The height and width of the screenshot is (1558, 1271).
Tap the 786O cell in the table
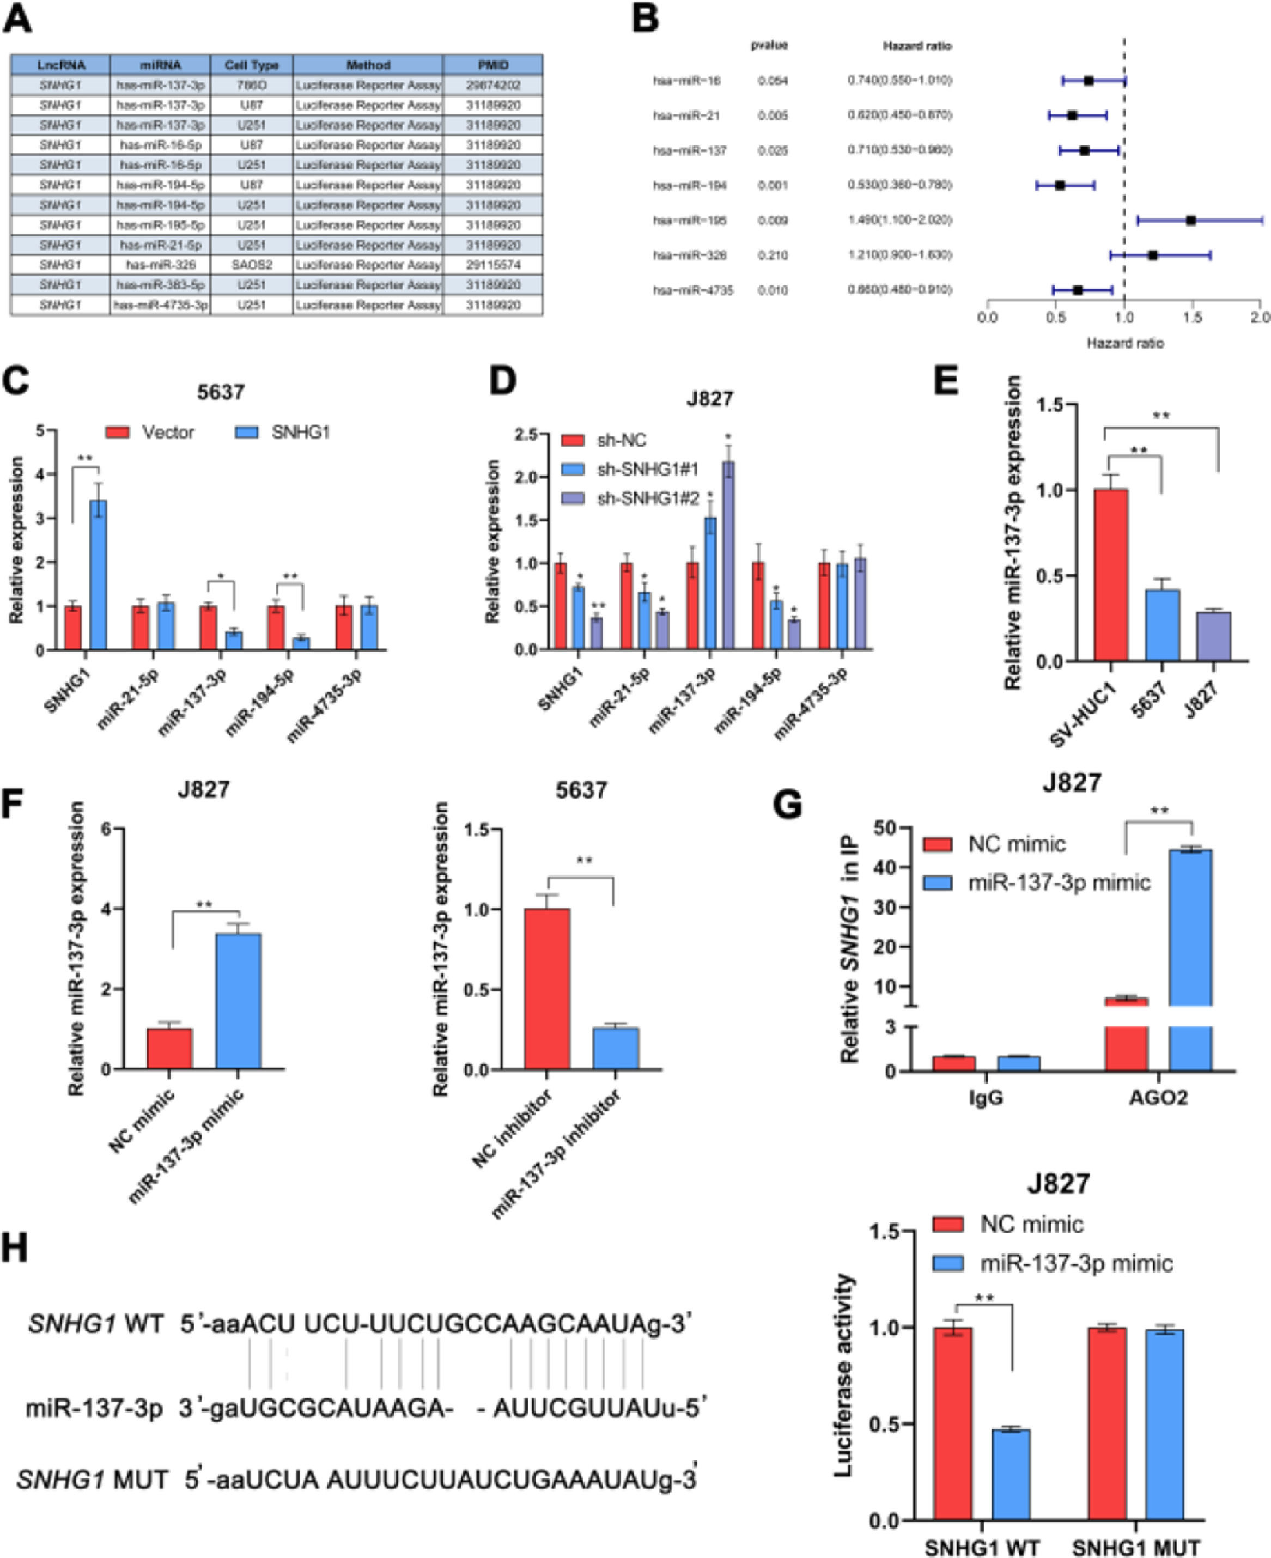(251, 86)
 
